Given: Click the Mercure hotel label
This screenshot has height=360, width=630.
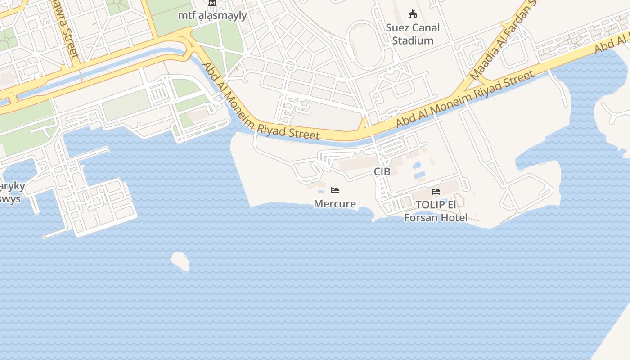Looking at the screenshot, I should click(x=335, y=204).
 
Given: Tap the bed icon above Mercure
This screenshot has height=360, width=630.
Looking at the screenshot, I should click(x=335, y=190).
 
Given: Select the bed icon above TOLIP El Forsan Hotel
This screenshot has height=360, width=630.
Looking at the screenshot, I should click(x=436, y=192).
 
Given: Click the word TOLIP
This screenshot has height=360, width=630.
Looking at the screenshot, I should click(x=430, y=205).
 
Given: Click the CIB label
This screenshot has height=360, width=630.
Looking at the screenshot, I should click(x=382, y=171).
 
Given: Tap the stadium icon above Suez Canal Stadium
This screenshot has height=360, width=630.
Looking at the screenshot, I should click(x=412, y=14).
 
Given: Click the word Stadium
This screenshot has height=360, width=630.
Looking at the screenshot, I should click(x=413, y=40).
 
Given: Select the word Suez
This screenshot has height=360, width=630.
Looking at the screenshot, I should click(x=397, y=28).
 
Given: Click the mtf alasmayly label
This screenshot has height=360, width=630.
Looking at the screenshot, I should click(x=212, y=16).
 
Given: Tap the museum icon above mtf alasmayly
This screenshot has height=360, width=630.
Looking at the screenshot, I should click(x=212, y=3).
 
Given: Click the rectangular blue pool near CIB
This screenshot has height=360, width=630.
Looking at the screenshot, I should click(x=420, y=175).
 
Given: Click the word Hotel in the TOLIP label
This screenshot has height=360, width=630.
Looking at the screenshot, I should click(x=454, y=218).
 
